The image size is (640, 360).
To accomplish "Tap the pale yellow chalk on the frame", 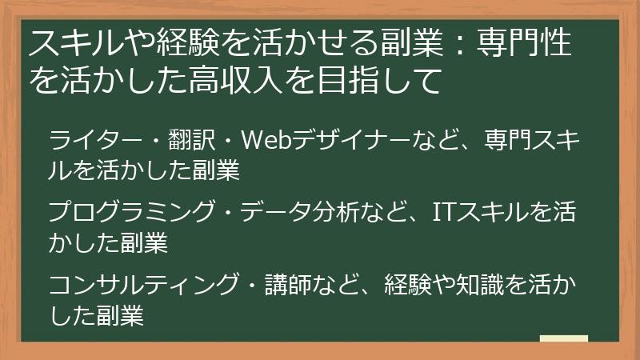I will click(563, 339).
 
